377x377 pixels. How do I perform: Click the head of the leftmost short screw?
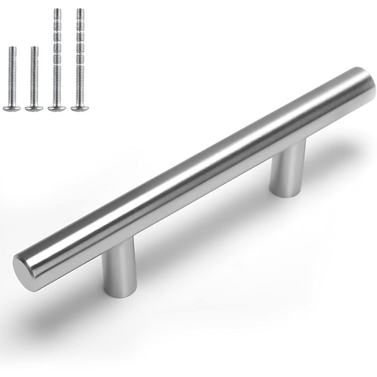point(12,108)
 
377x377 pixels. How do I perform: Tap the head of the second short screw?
point(34,108)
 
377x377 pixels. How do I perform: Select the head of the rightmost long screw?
point(80,108)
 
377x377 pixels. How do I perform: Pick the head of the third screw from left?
point(57,108)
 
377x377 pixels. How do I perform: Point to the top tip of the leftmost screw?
point(12,48)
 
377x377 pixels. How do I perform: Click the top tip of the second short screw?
point(34,48)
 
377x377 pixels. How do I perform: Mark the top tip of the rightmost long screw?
point(80,9)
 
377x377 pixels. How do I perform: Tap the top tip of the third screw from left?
point(57,9)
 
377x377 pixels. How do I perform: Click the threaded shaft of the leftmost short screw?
point(12,75)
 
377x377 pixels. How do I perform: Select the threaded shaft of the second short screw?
point(34,75)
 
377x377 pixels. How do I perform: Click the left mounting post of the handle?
point(119,267)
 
